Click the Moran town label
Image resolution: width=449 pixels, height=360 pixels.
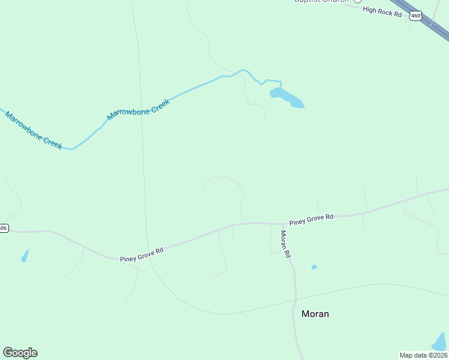pyautogui.click(x=315, y=314)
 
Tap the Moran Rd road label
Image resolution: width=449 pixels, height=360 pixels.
pyautogui.click(x=285, y=244)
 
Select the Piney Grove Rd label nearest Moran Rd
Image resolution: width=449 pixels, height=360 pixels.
pyautogui.click(x=311, y=220)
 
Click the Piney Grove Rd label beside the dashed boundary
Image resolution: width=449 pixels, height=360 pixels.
pyautogui.click(x=142, y=254)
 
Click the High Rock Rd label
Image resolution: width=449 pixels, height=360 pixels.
pyautogui.click(x=382, y=12)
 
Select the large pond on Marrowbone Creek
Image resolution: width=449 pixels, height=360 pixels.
pyautogui.click(x=286, y=97)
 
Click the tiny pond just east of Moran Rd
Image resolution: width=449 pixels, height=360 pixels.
pyautogui.click(x=314, y=267)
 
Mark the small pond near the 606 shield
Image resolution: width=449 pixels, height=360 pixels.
pyautogui.click(x=25, y=256)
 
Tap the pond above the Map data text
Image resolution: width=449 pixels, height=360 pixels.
pyautogui.click(x=440, y=342)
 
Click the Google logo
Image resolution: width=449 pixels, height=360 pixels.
pyautogui.click(x=20, y=353)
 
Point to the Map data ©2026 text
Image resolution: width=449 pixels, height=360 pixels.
pyautogui.click(x=423, y=355)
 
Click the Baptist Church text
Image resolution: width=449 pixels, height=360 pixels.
pyautogui.click(x=321, y=1)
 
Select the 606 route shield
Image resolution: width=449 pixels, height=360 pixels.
pyautogui.click(x=3, y=228)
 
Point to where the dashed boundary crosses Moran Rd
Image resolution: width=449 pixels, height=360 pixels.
pyautogui.click(x=295, y=298)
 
